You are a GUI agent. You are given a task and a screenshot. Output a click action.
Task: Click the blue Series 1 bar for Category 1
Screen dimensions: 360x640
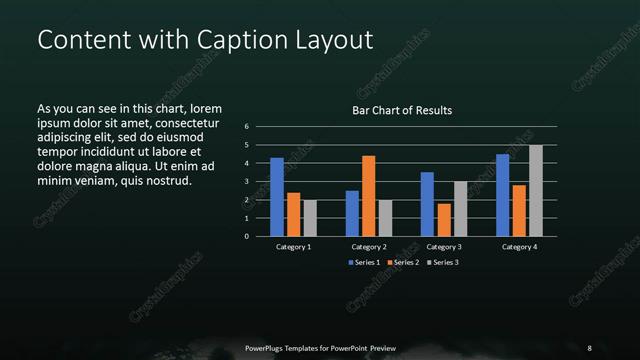277,197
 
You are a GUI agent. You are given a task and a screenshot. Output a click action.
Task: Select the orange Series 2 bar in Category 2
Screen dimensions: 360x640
368,196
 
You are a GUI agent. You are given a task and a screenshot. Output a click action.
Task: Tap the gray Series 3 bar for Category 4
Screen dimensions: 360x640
536,191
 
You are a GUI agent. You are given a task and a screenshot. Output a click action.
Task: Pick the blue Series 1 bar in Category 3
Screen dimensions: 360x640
427,204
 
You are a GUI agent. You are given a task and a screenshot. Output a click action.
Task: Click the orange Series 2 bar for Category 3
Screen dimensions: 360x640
443,220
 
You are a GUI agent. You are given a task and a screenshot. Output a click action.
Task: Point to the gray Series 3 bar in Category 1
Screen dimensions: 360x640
310,218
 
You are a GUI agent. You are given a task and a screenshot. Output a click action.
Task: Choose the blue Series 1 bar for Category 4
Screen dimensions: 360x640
503,195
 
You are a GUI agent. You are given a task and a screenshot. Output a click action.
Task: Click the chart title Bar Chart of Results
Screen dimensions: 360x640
402,110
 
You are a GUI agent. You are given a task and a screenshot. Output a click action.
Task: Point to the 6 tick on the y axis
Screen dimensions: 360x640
247,127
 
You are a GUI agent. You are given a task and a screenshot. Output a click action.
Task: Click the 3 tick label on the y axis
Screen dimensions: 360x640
247,182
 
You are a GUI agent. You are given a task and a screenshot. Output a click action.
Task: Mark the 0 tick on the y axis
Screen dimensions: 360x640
247,237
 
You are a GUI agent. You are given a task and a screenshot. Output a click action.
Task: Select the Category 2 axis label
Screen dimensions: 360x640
369,246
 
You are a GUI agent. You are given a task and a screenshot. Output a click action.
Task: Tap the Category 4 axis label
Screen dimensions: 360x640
519,246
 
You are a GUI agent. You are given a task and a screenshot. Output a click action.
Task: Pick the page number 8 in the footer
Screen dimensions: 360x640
590,348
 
